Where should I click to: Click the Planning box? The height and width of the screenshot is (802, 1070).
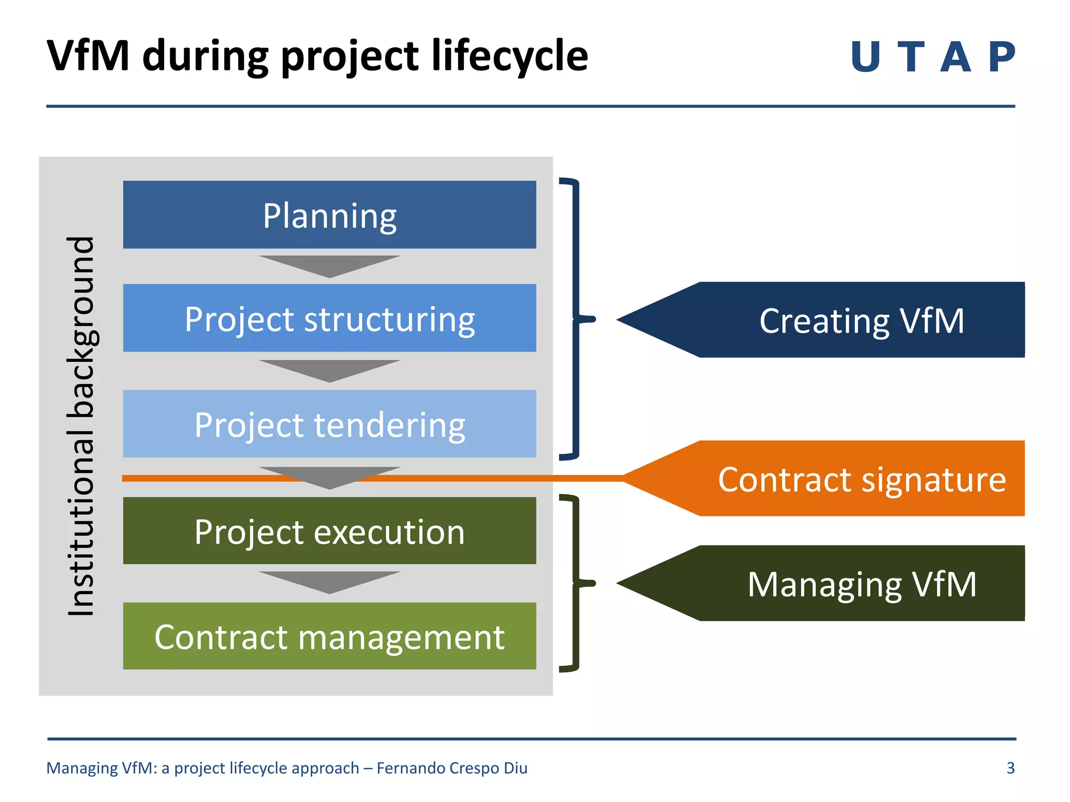(x=329, y=215)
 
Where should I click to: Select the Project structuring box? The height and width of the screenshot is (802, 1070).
(x=329, y=318)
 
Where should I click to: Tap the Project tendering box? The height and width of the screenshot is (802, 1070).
(x=329, y=423)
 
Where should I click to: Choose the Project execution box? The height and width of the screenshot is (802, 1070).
(x=329, y=530)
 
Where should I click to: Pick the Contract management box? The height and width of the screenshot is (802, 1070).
(x=329, y=636)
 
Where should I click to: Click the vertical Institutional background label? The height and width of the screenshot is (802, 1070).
(x=81, y=426)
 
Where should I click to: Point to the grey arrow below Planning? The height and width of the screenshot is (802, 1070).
(x=329, y=265)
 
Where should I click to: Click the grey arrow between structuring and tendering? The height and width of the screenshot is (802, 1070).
(x=329, y=369)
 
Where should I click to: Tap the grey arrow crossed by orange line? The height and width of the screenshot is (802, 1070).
(x=329, y=476)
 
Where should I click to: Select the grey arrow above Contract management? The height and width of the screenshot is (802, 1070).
(x=329, y=581)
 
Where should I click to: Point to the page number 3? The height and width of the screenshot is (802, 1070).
(x=1010, y=768)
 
